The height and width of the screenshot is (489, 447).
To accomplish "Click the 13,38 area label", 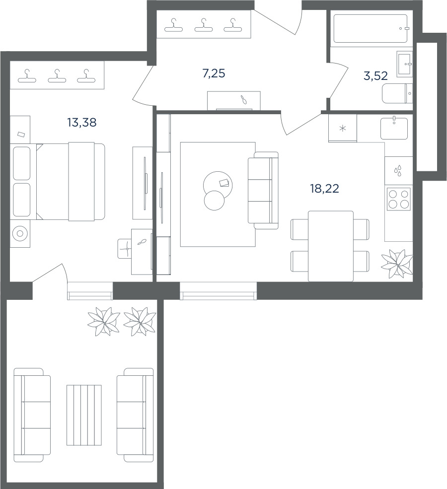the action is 82,123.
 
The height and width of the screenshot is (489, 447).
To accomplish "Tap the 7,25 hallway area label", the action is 214,73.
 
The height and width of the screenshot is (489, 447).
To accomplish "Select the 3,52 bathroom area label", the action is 375,76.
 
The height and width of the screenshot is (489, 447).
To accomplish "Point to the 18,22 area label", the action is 324,188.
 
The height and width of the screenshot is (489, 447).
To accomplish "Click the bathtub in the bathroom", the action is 371,28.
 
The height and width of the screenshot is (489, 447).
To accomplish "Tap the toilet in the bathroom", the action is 397,93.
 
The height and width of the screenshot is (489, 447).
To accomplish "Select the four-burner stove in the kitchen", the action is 399,199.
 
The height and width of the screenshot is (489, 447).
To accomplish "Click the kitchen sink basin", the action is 394,128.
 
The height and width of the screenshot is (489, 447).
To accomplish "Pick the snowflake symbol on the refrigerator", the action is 343,128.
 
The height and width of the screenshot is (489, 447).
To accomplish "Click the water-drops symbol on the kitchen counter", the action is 398,171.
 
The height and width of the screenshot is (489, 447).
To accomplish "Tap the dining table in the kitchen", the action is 331,246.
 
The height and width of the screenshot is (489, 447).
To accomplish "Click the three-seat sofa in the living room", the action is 263,191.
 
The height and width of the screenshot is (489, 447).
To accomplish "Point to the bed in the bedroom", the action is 71,182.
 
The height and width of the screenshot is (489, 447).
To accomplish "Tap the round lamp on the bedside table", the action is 20,234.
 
